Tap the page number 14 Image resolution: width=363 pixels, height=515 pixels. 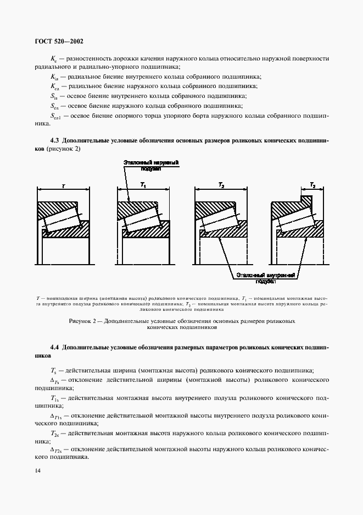(x=38, y=470)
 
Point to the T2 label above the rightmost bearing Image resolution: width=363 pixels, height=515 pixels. (x=312, y=186)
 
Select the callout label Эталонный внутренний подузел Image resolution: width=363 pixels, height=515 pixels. (x=265, y=277)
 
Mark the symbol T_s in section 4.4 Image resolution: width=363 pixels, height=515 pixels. (x=53, y=371)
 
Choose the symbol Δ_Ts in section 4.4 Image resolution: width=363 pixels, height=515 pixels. (x=55, y=381)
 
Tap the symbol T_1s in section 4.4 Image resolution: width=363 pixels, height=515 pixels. (x=55, y=398)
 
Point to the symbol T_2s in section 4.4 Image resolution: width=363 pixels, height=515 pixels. (x=55, y=434)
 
